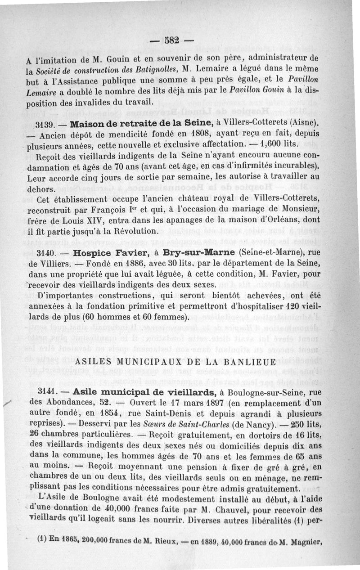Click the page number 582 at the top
[x=172, y=41]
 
